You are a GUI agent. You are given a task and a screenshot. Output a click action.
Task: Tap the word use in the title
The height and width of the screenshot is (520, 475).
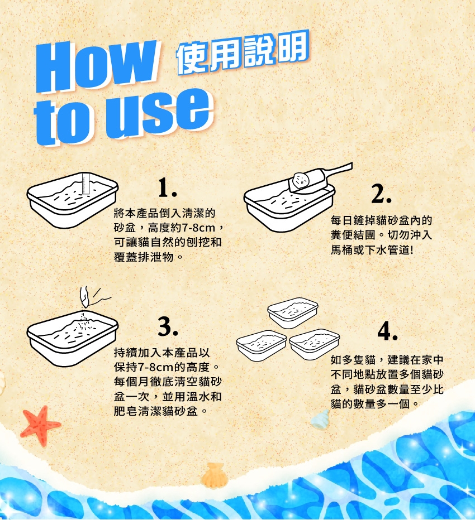click(x=159, y=112)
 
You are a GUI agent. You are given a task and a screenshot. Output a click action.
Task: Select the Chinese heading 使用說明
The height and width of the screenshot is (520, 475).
click(x=243, y=53)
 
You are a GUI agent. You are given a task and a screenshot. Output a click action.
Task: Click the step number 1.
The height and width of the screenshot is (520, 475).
click(x=167, y=187)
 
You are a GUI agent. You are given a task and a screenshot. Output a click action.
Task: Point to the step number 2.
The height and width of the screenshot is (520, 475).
click(x=381, y=194)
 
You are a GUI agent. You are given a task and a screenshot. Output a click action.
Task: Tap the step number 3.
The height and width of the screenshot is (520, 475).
click(x=168, y=326)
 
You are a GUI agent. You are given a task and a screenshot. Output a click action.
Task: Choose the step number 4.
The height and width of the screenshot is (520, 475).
click(x=388, y=331)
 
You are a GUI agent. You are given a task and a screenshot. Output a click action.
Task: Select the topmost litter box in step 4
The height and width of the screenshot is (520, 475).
click(x=293, y=312)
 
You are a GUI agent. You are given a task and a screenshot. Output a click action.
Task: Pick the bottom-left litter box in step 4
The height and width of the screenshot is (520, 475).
click(x=261, y=345)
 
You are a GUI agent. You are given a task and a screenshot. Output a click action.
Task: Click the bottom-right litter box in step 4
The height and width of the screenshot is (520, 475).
click(x=314, y=344)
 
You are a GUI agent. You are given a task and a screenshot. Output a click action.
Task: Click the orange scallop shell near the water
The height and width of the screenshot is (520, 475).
click(x=214, y=476)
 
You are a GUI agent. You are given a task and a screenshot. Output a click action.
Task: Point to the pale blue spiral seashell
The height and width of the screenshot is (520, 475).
click(x=320, y=420)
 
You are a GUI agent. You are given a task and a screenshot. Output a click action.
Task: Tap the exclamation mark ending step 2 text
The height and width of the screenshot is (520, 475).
click(x=412, y=250)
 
